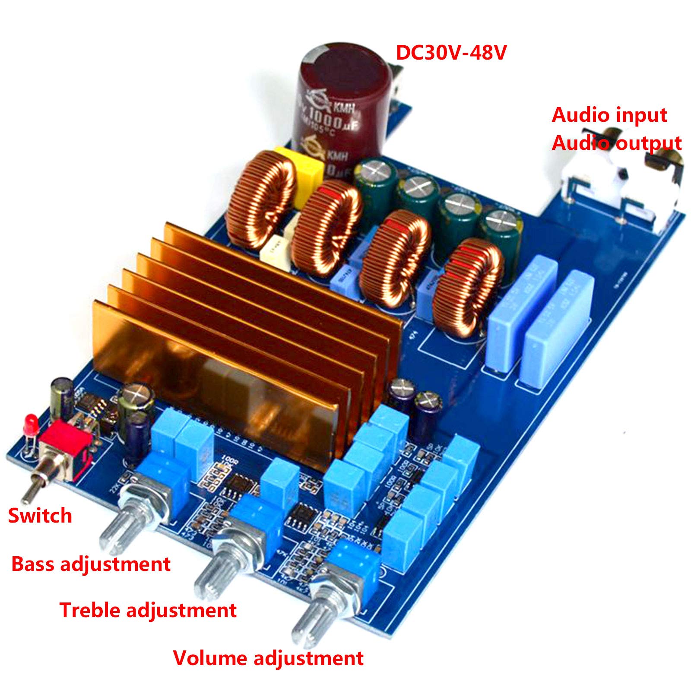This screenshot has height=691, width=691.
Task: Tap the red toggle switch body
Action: click(x=65, y=449)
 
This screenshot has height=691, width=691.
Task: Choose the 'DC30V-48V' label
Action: click(x=451, y=53)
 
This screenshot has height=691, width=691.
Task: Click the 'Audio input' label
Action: click(x=609, y=115)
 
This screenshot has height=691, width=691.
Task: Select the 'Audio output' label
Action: click(x=616, y=143)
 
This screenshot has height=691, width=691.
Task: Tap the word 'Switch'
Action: click(x=40, y=516)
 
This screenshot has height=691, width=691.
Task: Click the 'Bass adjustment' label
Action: click(x=91, y=564)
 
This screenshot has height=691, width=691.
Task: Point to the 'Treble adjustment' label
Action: click(x=148, y=610)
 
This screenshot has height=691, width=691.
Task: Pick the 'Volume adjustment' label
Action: click(x=268, y=658)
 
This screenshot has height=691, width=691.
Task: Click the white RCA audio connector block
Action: click(x=613, y=186)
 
